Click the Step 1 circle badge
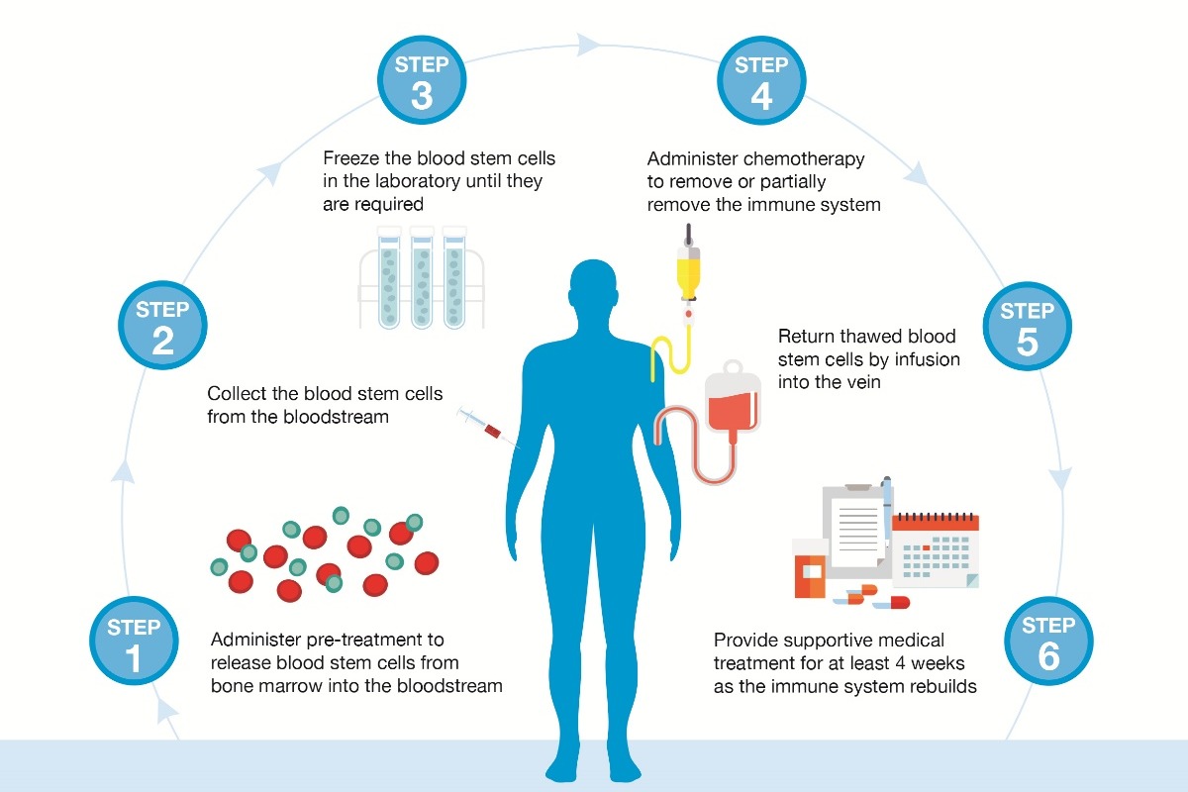133,642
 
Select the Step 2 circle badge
162,326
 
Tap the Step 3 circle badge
422,82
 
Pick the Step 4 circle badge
761,82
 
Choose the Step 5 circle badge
1027,326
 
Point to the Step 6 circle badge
1048,642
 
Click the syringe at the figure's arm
486,429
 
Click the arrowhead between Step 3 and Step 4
589,44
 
